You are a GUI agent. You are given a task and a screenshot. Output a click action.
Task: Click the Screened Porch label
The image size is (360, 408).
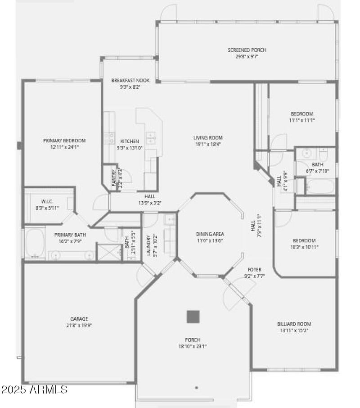click(x=243, y=50)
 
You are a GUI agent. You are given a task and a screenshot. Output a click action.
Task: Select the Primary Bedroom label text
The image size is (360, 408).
click(x=64, y=141)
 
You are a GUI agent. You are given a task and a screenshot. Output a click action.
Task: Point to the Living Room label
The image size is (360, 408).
click(x=208, y=138)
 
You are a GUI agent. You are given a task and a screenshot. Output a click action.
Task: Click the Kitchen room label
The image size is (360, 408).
click(x=130, y=141)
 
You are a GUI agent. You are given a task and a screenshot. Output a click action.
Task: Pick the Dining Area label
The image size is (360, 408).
click(x=210, y=234)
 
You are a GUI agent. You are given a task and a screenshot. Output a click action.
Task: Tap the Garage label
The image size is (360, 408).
click(x=79, y=319)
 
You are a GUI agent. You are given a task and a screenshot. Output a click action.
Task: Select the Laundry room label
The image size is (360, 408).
click(x=148, y=245)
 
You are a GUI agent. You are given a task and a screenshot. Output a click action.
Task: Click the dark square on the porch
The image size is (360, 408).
click(x=193, y=317)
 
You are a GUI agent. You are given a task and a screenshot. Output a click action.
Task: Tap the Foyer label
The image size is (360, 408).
click(x=255, y=269)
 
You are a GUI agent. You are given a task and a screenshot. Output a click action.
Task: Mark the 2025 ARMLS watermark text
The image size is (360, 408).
click(x=35, y=389)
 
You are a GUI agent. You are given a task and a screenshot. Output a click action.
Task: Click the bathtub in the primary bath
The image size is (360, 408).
click(x=35, y=243)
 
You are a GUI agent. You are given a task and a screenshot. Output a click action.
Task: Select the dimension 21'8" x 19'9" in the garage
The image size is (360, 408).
click(x=79, y=325)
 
